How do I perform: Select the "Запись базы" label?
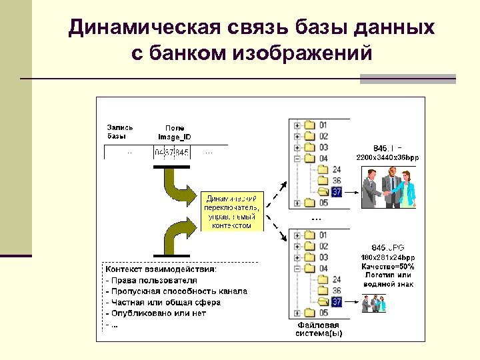120,131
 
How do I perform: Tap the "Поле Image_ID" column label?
175,132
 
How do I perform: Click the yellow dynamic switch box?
232,211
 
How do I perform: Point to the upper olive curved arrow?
177,183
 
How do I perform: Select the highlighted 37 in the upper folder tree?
337,191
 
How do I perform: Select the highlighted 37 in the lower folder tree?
337,302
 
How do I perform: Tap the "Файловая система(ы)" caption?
319,329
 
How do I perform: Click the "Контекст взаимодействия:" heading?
160,269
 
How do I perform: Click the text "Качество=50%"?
388,266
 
